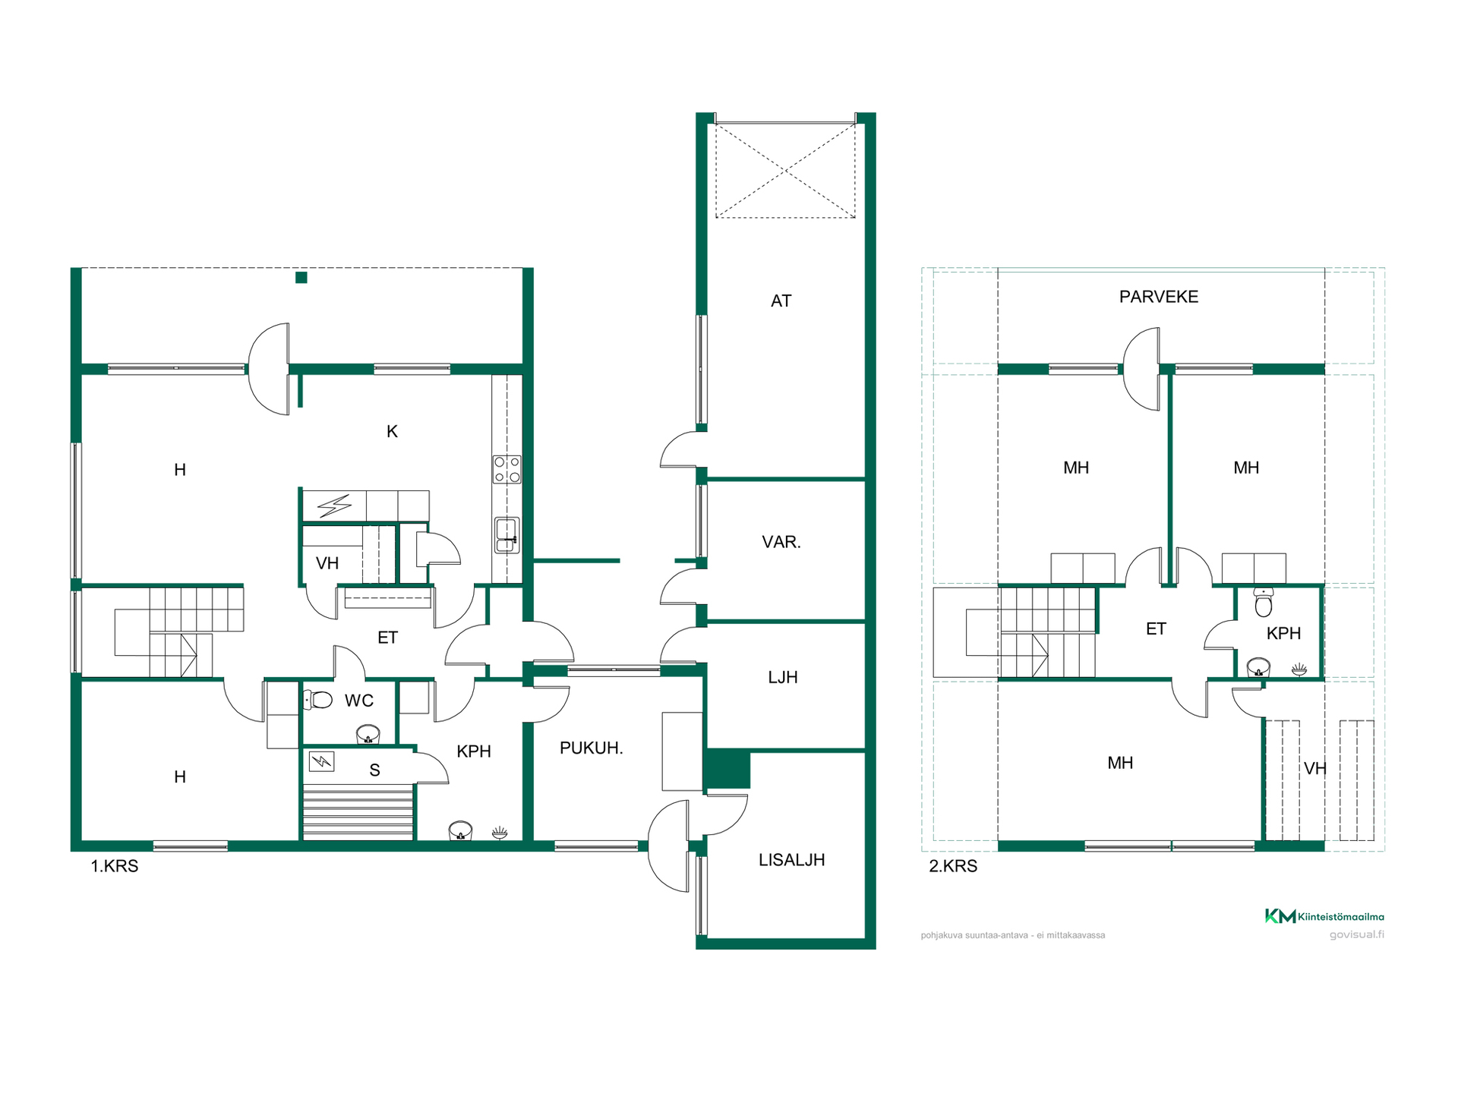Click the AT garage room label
(x=781, y=301)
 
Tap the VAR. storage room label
(x=781, y=542)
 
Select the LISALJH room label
(x=791, y=860)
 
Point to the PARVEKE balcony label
(x=1159, y=297)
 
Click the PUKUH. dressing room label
(x=591, y=748)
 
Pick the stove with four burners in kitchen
(x=507, y=469)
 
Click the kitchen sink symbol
(x=507, y=535)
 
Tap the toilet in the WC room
(x=318, y=699)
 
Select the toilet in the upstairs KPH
(x=1264, y=602)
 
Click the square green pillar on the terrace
(x=301, y=278)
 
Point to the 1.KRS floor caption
(x=115, y=866)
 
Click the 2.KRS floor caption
(x=953, y=866)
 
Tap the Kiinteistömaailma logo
(x=1324, y=916)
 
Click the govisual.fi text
(x=1356, y=934)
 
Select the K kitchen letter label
(x=392, y=432)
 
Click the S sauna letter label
(x=374, y=770)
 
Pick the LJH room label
(x=782, y=677)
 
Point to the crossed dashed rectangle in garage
(x=785, y=171)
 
